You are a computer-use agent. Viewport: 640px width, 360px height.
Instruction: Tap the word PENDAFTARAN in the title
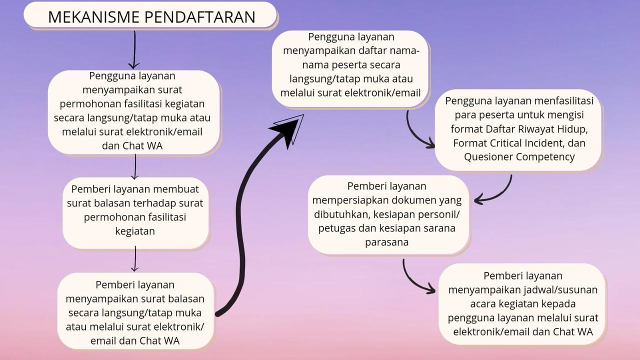point(200,17)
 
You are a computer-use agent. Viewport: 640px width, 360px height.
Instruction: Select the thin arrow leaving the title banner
point(134,50)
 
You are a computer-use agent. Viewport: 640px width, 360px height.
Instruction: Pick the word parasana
point(386,242)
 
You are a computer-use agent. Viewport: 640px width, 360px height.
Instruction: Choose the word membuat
point(176,189)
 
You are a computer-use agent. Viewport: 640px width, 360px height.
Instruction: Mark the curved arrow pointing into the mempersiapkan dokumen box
point(497,194)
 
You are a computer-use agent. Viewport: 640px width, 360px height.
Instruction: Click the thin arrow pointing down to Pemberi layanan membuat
point(135,166)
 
